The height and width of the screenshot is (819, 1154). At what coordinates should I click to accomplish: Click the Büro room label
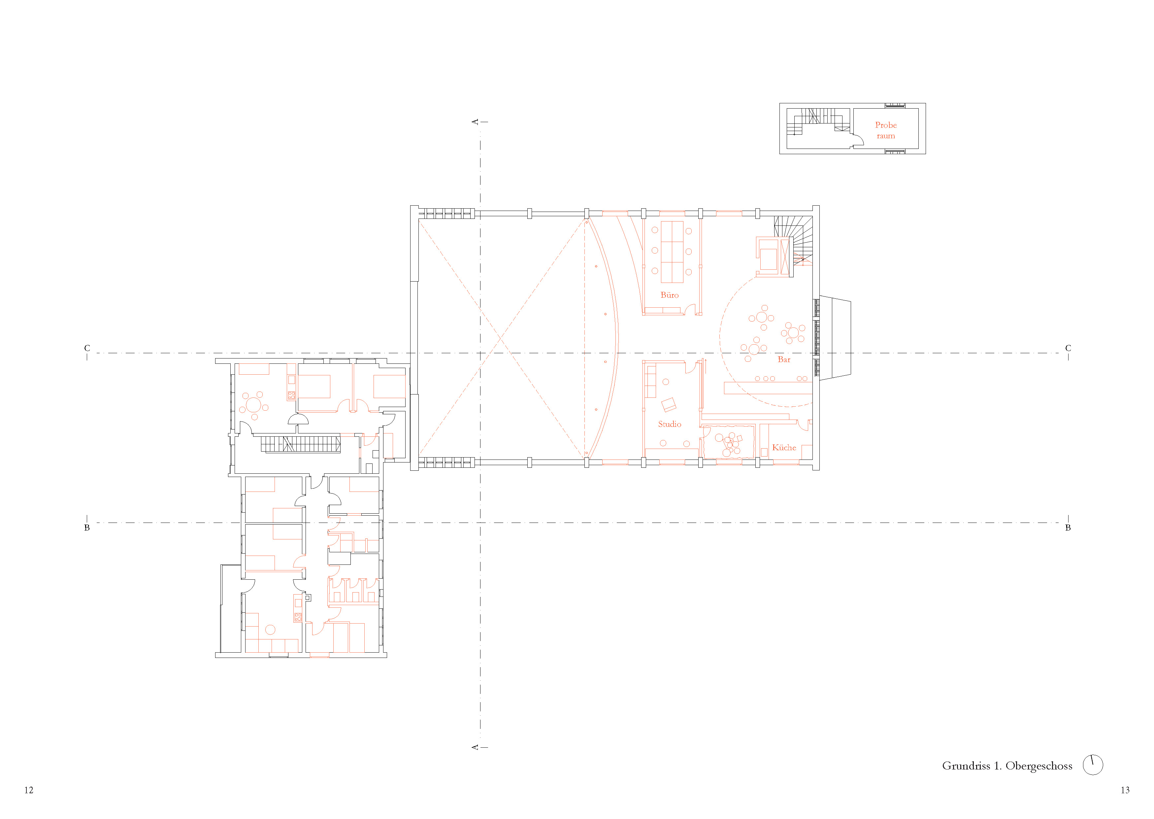670,295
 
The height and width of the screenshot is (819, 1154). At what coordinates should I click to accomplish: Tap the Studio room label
670,424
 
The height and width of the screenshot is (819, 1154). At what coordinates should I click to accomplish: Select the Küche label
784,447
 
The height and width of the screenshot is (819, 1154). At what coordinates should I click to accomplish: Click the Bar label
784,359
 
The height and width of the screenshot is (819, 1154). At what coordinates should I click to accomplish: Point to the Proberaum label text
886,130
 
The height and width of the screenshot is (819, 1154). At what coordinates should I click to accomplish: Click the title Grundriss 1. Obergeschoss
1007,766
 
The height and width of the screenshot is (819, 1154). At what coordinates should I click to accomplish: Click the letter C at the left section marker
87,348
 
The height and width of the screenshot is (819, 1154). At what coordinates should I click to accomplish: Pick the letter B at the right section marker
1068,528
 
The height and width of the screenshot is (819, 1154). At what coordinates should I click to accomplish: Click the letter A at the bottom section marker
475,747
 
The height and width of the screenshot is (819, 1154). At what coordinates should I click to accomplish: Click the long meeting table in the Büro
672,252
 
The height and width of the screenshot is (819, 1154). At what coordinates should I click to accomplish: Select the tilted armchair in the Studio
669,404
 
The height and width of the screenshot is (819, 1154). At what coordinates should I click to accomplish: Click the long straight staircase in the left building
301,445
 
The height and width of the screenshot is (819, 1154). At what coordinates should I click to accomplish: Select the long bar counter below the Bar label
768,388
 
